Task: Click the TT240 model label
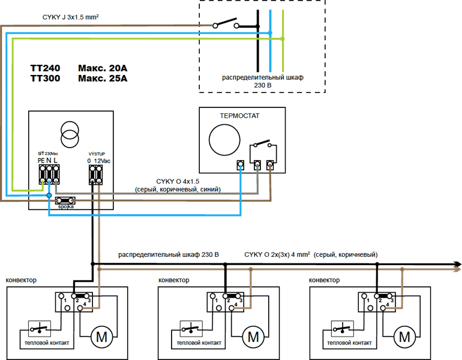tap(45, 68)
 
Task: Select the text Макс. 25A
tap(103, 79)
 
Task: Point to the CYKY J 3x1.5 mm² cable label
tap(70, 17)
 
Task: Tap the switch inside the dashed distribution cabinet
tap(226, 23)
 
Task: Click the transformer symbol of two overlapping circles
tap(70, 134)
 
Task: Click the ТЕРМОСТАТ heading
tap(239, 116)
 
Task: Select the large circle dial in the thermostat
tap(224, 140)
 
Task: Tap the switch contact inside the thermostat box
tap(263, 143)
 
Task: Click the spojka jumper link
tap(65, 201)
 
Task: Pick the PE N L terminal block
tap(49, 175)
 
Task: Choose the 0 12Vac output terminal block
tap(96, 175)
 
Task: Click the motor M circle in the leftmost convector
tap(101, 337)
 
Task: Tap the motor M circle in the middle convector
tap(253, 337)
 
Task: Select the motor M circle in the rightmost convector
tap(404, 337)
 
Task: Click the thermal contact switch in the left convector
tap(40, 328)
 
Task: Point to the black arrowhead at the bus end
tap(458, 264)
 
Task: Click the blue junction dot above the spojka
tap(49, 196)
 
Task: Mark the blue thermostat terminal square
tap(241, 165)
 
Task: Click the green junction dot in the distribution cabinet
tap(283, 38)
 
